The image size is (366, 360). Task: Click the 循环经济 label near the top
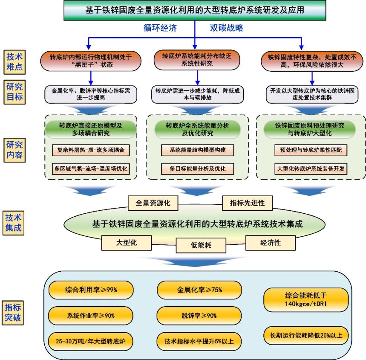tap(160, 28)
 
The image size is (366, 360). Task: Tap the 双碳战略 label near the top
tap(226, 28)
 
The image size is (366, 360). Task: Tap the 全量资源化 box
tap(153, 203)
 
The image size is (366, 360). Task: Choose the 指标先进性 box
tap(247, 203)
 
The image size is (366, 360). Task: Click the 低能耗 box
tap(202, 245)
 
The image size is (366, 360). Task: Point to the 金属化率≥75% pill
tap(199, 290)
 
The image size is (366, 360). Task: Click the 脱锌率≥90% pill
tap(199, 316)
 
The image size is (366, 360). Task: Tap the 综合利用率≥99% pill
tap(91, 290)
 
